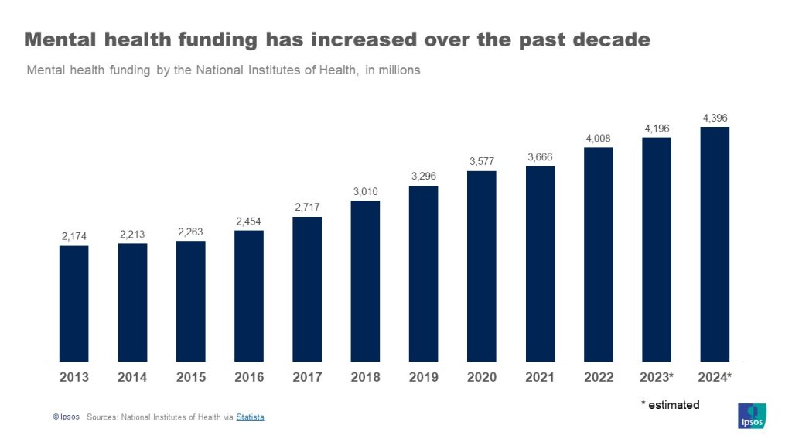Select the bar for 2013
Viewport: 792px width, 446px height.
pos(74,304)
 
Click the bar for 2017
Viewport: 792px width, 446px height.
pos(307,289)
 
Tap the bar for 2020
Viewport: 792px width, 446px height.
pos(482,266)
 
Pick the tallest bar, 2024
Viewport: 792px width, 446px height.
pos(715,244)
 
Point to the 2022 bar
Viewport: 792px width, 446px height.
pos(598,254)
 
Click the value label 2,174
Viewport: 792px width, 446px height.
pos(74,236)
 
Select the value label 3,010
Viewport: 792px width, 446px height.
pos(365,191)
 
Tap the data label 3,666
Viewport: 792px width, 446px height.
pos(540,156)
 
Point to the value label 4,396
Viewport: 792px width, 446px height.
pos(715,118)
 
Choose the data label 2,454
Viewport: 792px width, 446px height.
pos(249,221)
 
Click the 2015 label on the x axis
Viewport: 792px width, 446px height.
pos(190,377)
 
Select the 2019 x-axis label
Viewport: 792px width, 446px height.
pos(423,377)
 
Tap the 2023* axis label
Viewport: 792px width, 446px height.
pos(657,377)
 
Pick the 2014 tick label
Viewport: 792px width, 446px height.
pos(132,377)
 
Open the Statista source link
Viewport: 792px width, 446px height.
pos(250,417)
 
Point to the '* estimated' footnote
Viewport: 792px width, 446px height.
pos(670,405)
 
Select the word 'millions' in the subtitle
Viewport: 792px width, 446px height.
pos(396,70)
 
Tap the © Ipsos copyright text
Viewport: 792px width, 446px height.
pos(66,417)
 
